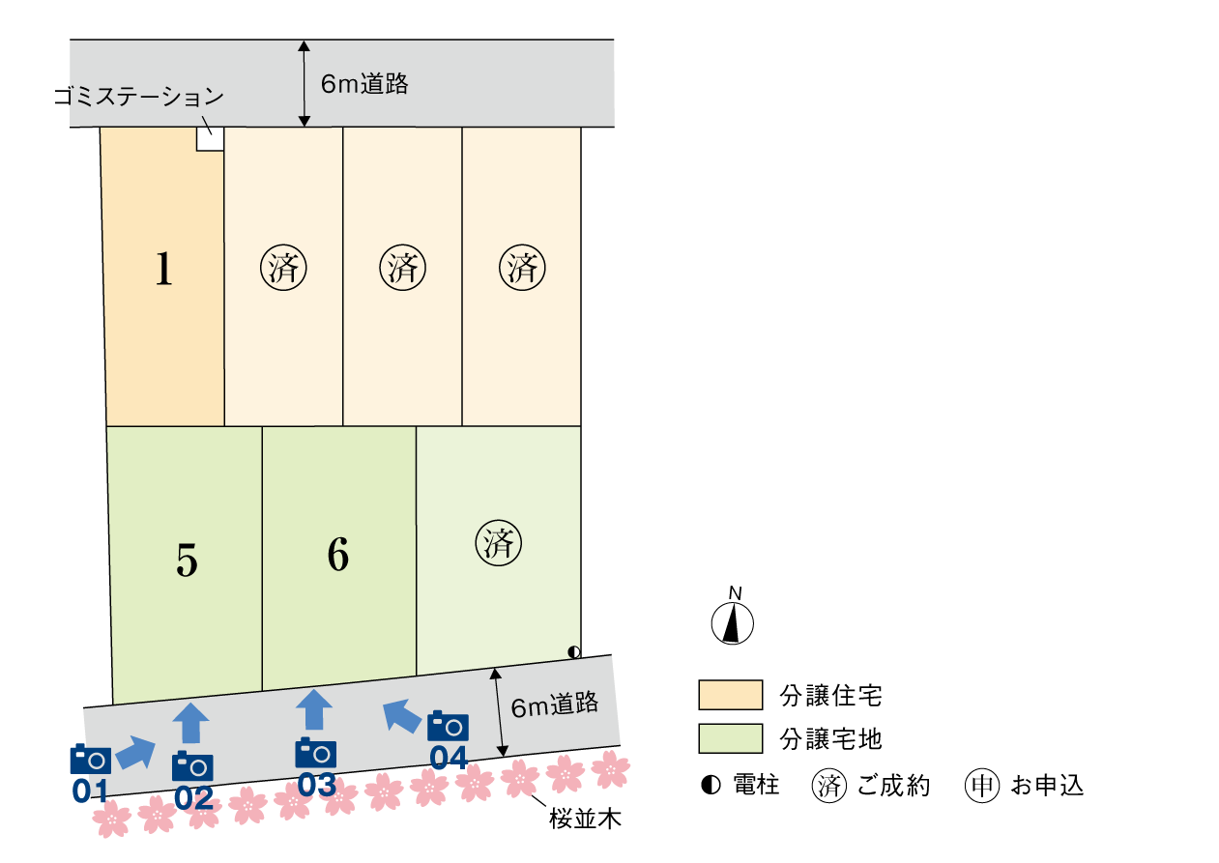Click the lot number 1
click(164, 270)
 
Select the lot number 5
click(187, 561)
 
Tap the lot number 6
click(337, 556)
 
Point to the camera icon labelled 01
click(90, 760)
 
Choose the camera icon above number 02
click(192, 766)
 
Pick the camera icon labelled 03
click(315, 753)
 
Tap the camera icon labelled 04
click(448, 726)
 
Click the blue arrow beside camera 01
click(135, 752)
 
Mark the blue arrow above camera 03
click(313, 710)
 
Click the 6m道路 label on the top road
click(364, 84)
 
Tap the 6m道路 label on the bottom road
click(555, 705)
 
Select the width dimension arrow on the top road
click(305, 84)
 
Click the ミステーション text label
click(145, 97)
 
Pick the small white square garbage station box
click(210, 138)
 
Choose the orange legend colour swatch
click(730, 695)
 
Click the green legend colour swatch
click(730, 738)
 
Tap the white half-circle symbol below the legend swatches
click(714, 785)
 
